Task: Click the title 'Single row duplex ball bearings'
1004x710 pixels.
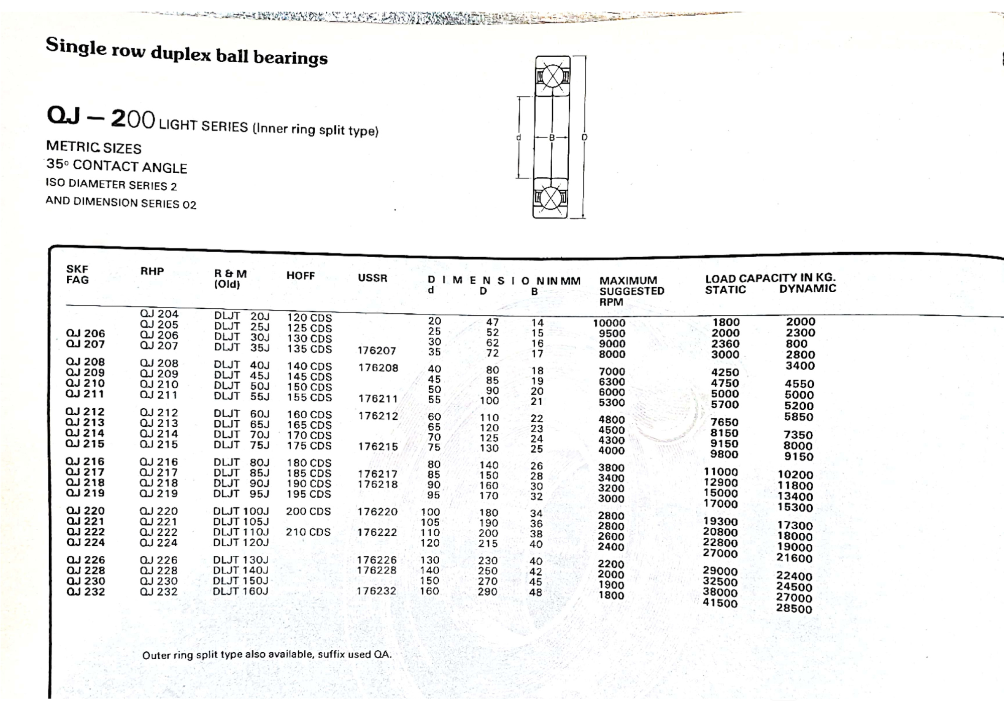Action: click(186, 52)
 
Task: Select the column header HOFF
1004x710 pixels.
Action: click(300, 276)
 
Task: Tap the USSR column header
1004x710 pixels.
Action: click(372, 278)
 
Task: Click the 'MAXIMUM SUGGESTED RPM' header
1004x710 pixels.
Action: click(631, 291)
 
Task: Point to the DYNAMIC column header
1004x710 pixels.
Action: click(807, 289)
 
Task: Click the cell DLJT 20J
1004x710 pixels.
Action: click(242, 316)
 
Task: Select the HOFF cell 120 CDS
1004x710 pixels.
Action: click(309, 318)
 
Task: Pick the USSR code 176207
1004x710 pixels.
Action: click(376, 350)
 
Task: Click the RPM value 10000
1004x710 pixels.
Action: click(609, 323)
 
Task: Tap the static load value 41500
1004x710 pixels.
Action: click(720, 603)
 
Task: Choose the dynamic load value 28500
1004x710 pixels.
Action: click(794, 609)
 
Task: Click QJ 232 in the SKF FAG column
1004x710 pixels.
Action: click(86, 591)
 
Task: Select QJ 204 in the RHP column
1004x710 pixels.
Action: click(159, 314)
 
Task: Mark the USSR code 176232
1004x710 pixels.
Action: click(376, 591)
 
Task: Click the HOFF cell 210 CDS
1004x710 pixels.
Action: click(308, 532)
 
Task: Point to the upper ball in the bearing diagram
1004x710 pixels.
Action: click(552, 77)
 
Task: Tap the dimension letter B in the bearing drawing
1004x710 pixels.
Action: click(552, 137)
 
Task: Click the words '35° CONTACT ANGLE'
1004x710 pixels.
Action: click(116, 166)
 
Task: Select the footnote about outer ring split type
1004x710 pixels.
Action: click(267, 655)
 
